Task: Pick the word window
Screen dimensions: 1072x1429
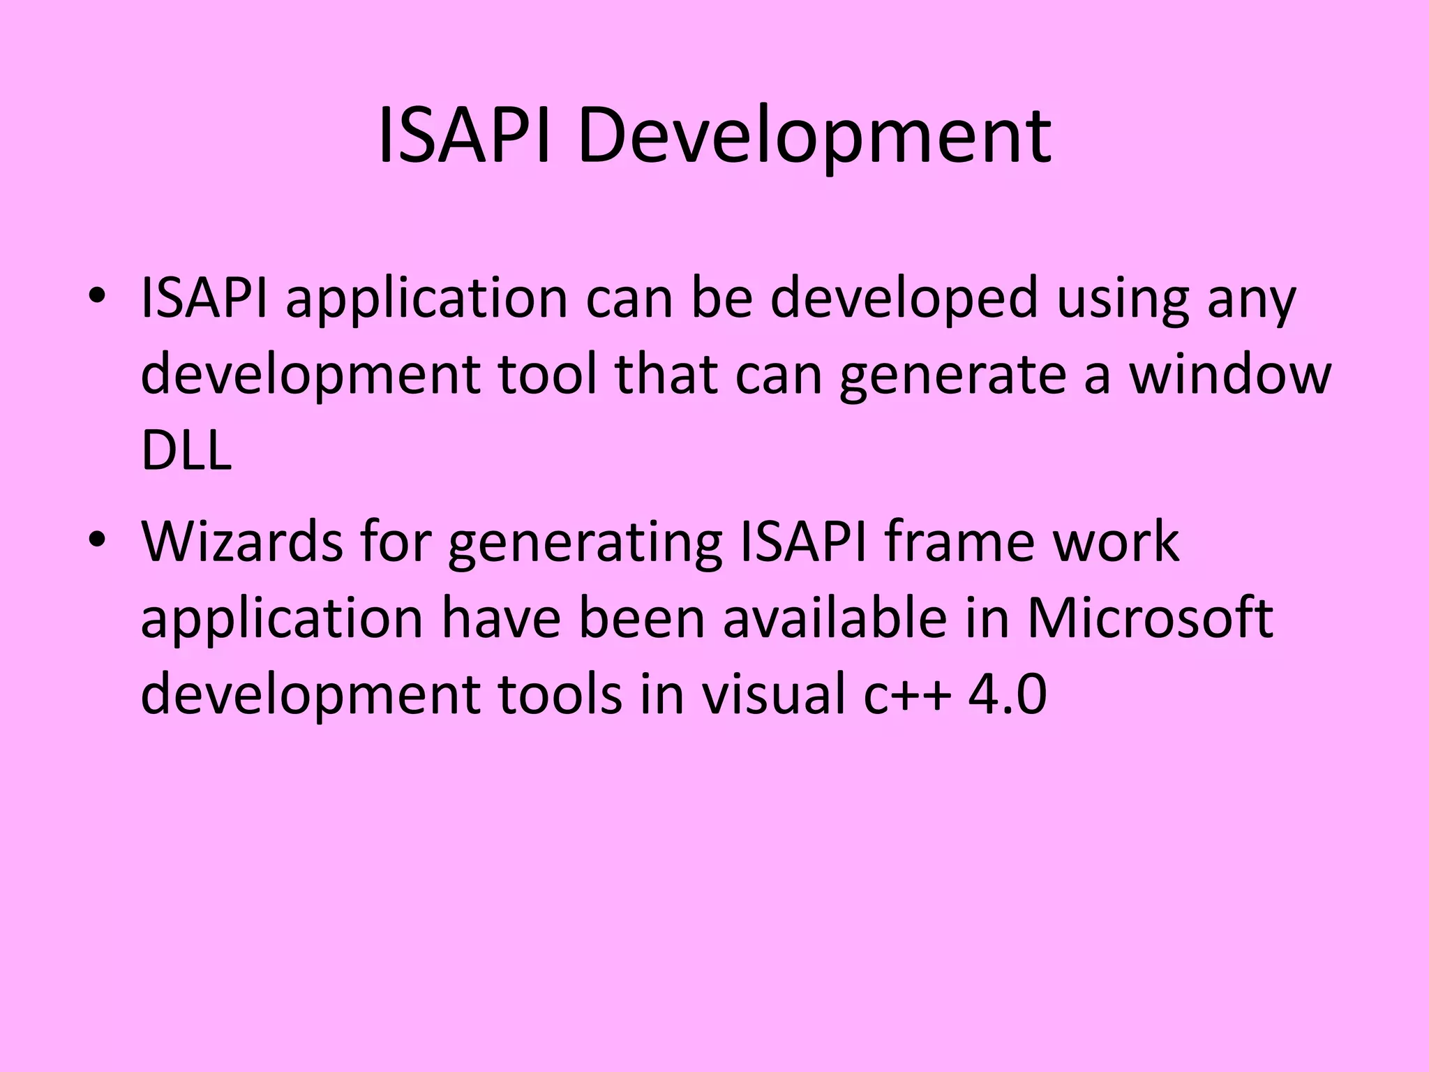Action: pyautogui.click(x=1230, y=375)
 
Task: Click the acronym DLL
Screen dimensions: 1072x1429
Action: pyautogui.click(x=186, y=450)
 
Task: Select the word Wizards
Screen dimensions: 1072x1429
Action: pyautogui.click(x=241, y=542)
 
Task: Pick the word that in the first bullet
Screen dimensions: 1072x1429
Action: pyautogui.click(x=666, y=375)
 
